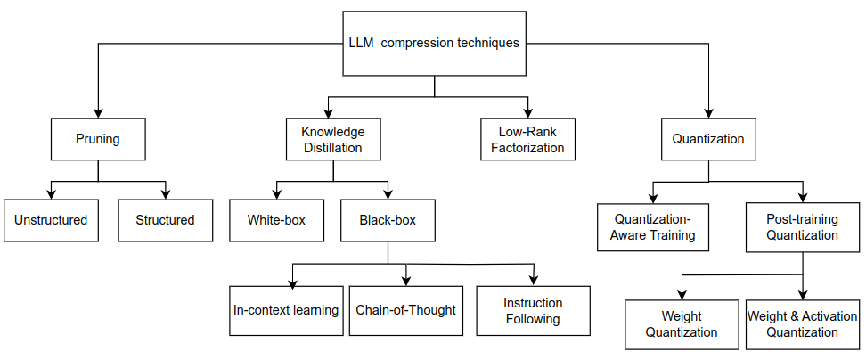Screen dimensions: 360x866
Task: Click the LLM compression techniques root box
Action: tap(434, 43)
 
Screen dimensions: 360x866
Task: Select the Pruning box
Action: tap(97, 139)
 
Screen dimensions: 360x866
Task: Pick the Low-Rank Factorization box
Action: tap(528, 139)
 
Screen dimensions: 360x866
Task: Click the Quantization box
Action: tap(707, 139)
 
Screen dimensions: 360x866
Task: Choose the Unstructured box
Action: tap(51, 219)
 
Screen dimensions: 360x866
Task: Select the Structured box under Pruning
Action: tap(165, 219)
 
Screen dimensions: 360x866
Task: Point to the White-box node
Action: tap(276, 219)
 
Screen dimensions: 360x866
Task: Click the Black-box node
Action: tap(388, 219)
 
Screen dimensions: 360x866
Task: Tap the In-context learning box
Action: tap(285, 310)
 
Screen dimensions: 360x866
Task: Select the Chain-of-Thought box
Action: tap(405, 310)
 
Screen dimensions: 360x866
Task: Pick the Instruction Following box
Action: tap(532, 310)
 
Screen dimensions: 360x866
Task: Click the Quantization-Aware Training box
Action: tap(653, 228)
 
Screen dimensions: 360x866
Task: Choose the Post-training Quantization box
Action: tap(802, 226)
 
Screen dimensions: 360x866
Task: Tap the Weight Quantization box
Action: tap(682, 323)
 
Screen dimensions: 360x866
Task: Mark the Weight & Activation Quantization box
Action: tap(803, 323)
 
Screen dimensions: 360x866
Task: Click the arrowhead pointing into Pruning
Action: tap(97, 113)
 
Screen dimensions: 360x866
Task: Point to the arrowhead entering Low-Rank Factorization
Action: tap(528, 113)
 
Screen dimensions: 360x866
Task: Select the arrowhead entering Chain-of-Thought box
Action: tap(406, 281)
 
